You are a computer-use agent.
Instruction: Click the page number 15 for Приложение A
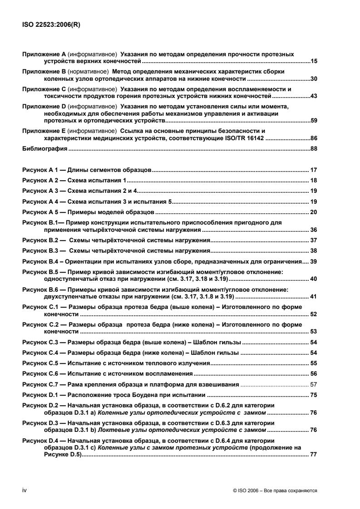pos(313,60)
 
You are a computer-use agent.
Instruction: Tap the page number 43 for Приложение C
pos(313,96)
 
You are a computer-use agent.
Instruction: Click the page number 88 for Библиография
pos(313,149)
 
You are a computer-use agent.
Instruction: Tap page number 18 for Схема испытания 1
pos(313,181)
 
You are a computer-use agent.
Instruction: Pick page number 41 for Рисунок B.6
pos(313,297)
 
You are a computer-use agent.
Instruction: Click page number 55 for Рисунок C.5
pos(313,363)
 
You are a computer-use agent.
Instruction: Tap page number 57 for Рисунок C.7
pos(313,384)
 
